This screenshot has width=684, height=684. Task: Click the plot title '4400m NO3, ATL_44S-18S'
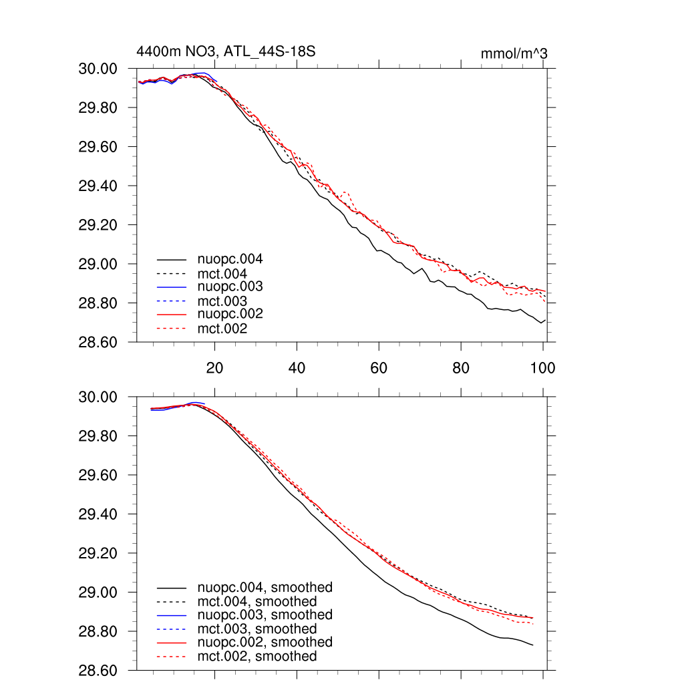click(226, 51)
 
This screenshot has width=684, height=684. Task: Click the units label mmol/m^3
click(514, 53)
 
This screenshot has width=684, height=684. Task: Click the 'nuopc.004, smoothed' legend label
click(265, 588)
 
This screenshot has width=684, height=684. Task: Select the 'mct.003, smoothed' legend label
click(257, 629)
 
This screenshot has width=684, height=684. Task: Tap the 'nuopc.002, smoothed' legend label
click(265, 642)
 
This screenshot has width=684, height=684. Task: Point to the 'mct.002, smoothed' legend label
click(257, 657)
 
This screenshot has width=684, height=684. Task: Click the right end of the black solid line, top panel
click(545, 320)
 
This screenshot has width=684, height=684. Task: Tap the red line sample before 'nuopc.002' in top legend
click(172, 313)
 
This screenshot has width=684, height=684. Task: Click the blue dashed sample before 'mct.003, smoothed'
click(172, 629)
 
